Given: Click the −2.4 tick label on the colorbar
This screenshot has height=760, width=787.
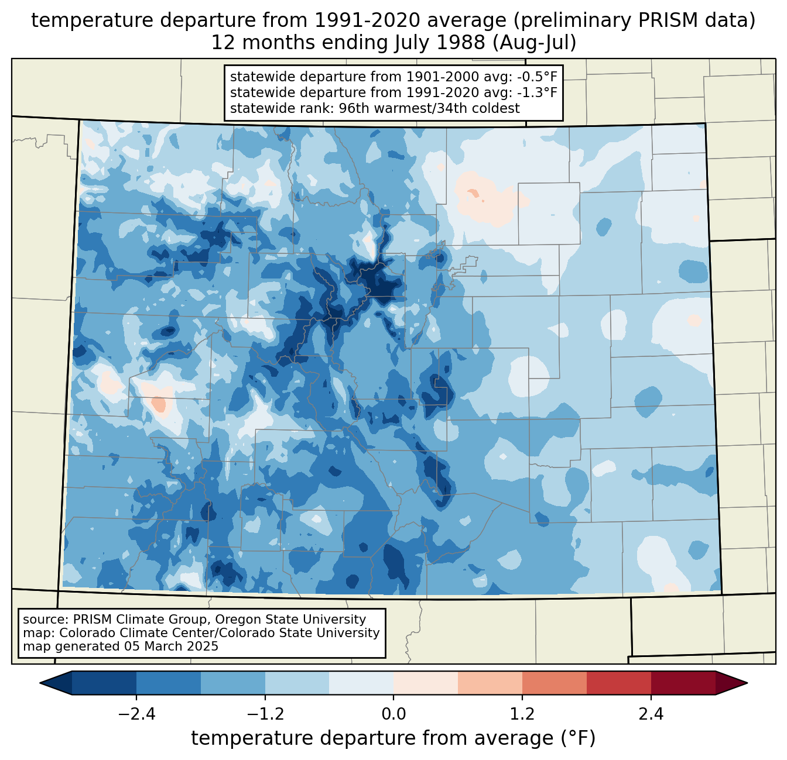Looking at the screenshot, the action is (136, 714).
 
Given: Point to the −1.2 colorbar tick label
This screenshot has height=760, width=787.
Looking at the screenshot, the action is (265, 714).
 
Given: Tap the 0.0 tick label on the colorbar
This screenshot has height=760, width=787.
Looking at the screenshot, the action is (393, 714).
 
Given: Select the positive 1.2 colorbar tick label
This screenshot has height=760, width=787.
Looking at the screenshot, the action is (522, 714).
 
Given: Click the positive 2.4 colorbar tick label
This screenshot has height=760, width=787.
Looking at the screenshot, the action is (651, 714).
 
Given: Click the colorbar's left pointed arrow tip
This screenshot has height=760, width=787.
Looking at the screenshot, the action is (40, 683).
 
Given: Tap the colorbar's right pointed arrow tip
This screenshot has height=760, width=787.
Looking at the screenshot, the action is (747, 683).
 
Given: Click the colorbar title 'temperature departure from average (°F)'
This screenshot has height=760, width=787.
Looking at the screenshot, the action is (393, 738).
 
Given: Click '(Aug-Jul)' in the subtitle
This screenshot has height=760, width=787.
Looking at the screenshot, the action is (534, 43).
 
